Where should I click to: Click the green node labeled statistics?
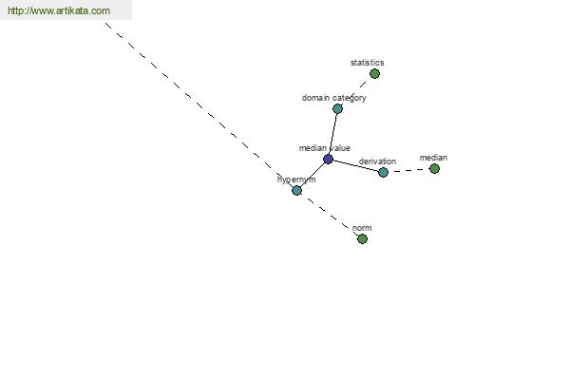[x=374, y=73]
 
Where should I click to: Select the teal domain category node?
[x=337, y=108]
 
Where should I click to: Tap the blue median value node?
[x=328, y=159]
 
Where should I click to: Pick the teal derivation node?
[x=383, y=172]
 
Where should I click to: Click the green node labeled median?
[x=434, y=168]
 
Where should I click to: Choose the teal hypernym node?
[x=296, y=190]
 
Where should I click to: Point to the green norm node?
[x=362, y=238]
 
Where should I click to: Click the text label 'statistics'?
[x=367, y=63]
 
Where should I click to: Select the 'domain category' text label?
[x=333, y=98]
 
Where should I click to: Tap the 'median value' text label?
[x=324, y=148]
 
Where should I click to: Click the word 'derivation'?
[x=377, y=161]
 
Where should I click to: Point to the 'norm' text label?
[x=361, y=228]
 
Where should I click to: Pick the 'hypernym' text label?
[x=296, y=180]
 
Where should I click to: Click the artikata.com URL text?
[x=58, y=11]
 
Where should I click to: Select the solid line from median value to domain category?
[x=332, y=133]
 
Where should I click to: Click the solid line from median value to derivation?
[x=355, y=165]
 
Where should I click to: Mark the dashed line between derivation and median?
[x=408, y=170]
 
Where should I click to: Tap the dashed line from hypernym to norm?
[x=329, y=214]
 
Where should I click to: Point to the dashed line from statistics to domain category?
[x=356, y=90]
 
